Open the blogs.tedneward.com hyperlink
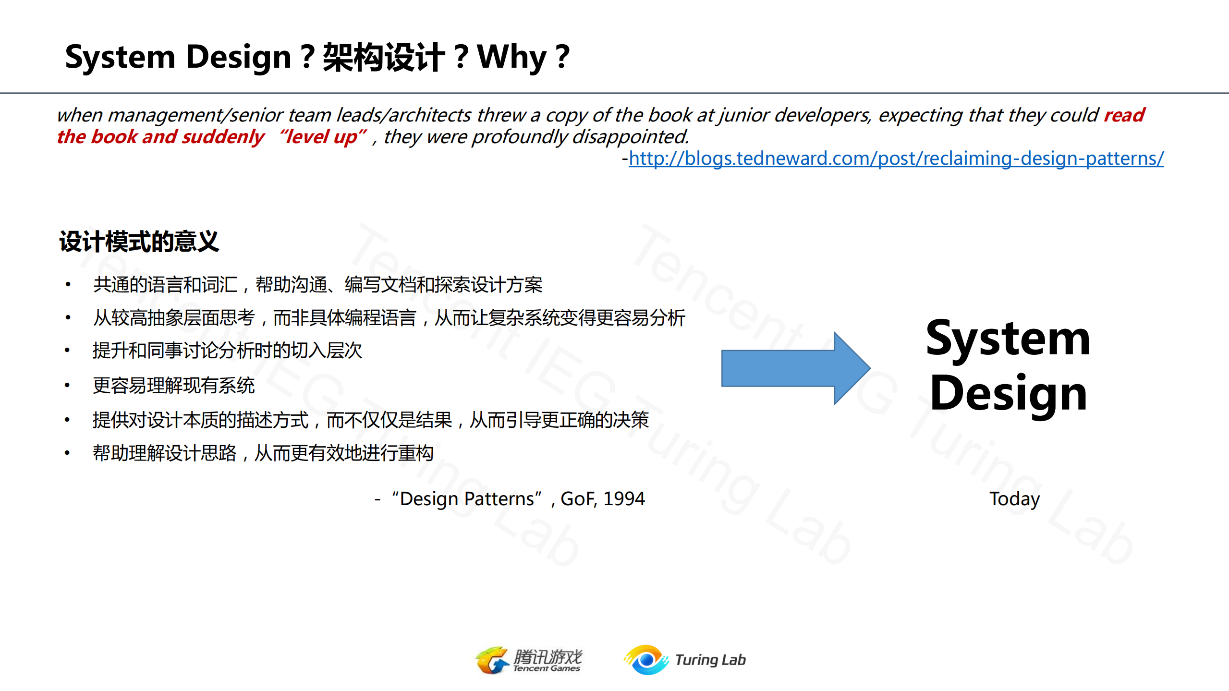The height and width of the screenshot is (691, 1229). pyautogui.click(x=896, y=158)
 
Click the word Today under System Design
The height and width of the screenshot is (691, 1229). pyautogui.click(x=1014, y=499)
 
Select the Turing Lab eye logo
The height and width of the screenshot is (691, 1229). pyautogui.click(x=646, y=660)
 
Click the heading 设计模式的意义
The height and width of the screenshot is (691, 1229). pyautogui.click(x=139, y=242)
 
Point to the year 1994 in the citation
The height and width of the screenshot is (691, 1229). pyautogui.click(x=624, y=499)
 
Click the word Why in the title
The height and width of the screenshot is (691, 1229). pyautogui.click(x=512, y=57)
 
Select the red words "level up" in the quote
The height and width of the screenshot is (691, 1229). pyautogui.click(x=323, y=137)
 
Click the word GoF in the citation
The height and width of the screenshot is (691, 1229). pyautogui.click(x=578, y=499)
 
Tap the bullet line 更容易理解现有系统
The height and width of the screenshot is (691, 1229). pyautogui.click(x=173, y=386)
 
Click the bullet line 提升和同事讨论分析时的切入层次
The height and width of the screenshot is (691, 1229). pyautogui.click(x=227, y=351)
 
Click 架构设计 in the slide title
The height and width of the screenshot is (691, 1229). pyautogui.click(x=384, y=57)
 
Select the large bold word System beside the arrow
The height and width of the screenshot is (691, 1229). pyautogui.click(x=1008, y=339)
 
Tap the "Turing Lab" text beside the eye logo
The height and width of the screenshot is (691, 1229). pyautogui.click(x=710, y=660)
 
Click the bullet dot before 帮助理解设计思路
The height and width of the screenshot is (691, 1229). pyautogui.click(x=67, y=453)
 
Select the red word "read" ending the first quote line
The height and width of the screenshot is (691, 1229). pyautogui.click(x=1124, y=115)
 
